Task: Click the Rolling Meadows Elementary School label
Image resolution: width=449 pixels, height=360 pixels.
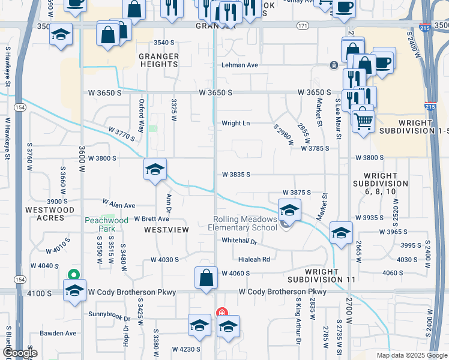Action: click(242, 223)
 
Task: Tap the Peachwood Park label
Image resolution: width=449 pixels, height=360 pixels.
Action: click(106, 224)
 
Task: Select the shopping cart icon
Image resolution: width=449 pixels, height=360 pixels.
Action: click(363, 121)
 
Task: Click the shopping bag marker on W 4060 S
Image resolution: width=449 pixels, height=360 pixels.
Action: click(206, 278)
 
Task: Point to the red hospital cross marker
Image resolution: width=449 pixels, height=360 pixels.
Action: click(221, 313)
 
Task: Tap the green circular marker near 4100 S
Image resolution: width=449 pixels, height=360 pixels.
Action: click(74, 275)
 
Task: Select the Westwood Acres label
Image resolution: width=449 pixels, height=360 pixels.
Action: click(50, 214)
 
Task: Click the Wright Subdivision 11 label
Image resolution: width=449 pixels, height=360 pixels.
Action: click(321, 276)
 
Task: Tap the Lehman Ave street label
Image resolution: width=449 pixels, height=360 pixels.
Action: click(240, 65)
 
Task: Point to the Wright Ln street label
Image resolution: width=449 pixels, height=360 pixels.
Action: click(235, 123)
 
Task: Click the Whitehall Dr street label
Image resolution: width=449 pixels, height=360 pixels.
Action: click(239, 241)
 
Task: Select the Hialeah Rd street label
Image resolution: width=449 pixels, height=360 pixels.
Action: click(254, 260)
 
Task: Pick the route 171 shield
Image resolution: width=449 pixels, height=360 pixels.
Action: click(303, 26)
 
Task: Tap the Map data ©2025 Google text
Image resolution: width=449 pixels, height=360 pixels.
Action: click(411, 355)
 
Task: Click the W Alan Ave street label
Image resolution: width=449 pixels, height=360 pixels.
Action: click(119, 205)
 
